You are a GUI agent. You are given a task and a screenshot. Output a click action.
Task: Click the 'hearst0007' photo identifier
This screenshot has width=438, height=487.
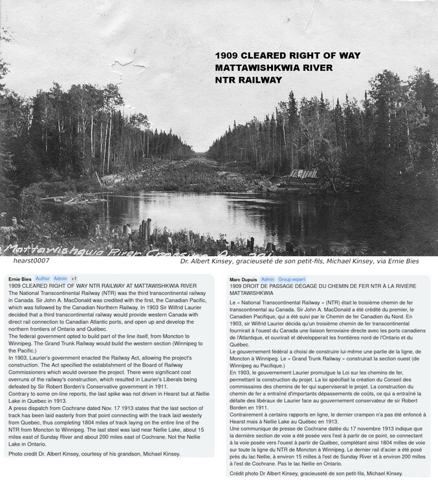click(x=32, y=261)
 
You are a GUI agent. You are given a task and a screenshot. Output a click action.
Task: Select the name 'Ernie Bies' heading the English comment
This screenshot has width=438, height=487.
click(x=19, y=279)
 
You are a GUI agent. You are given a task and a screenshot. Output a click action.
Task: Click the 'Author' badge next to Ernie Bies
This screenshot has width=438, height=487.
click(x=42, y=279)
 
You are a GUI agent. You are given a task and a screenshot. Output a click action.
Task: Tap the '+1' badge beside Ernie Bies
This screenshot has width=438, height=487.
click(x=74, y=279)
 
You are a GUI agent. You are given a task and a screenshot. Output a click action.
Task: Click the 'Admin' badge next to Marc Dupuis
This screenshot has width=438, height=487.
click(x=267, y=279)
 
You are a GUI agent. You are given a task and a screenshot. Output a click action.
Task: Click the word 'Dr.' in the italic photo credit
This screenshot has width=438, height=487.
click(x=184, y=261)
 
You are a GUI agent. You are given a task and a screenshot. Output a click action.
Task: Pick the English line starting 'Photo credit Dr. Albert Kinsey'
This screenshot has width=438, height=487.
click(x=94, y=454)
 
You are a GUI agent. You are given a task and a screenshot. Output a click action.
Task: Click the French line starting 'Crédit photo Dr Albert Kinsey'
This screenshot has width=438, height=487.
click(x=316, y=473)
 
